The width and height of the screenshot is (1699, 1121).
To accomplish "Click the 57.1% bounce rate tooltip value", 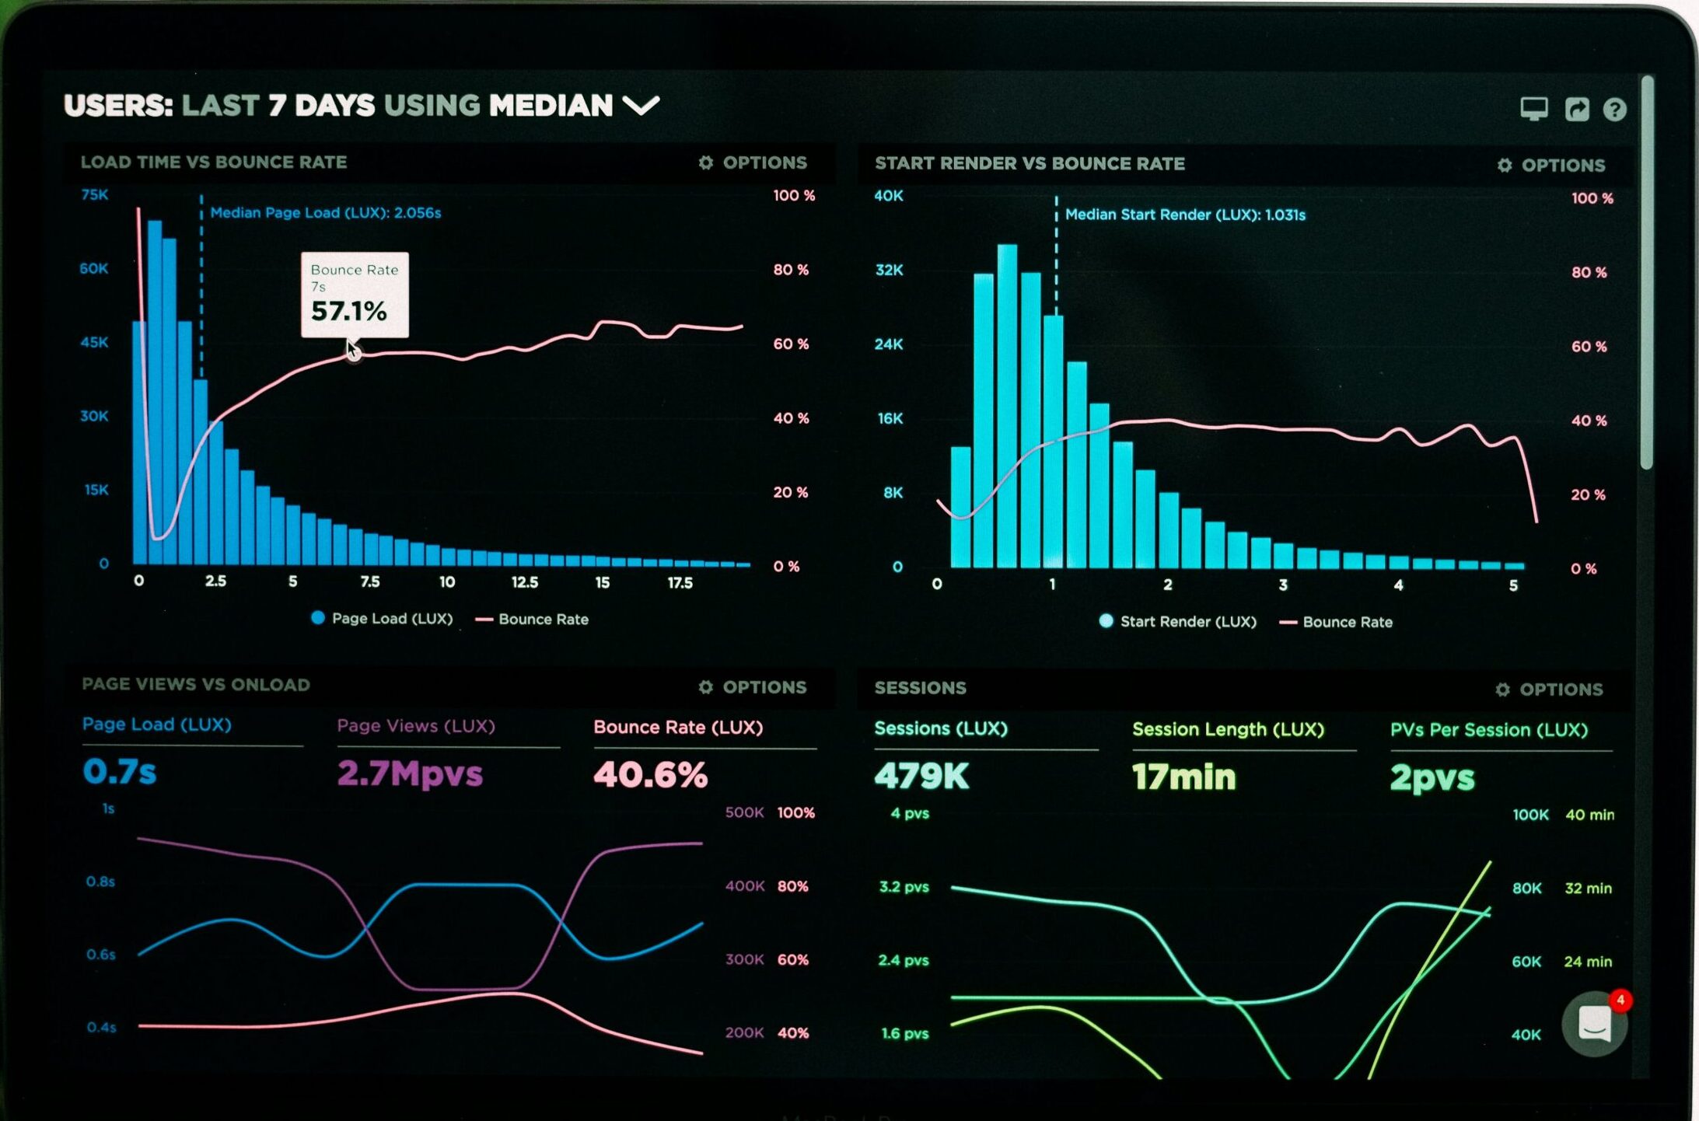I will point(348,311).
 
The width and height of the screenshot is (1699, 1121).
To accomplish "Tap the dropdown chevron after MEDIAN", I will point(641,105).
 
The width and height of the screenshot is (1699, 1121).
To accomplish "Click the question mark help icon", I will point(1614,110).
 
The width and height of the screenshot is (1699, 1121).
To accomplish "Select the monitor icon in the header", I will point(1533,109).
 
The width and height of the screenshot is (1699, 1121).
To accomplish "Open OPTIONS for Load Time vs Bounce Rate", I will point(753,162).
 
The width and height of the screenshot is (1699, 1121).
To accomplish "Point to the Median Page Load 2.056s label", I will point(325,212).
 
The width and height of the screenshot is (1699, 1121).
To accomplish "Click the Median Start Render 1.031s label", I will point(1184,215).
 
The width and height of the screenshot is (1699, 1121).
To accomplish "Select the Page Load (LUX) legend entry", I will point(382,619).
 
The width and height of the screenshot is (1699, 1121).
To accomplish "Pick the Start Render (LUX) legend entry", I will point(1178,621).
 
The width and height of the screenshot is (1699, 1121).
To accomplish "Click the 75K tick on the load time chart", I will point(95,194).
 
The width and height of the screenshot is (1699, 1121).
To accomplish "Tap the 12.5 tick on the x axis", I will point(524,582).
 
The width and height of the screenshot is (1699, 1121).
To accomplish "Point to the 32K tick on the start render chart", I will point(889,270).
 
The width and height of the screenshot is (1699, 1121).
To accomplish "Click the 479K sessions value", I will point(921,776).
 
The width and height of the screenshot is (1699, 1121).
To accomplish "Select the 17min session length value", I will point(1183,777).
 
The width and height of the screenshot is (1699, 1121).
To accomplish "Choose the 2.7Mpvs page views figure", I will point(410,774).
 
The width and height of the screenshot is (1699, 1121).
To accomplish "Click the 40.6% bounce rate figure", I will point(650,774).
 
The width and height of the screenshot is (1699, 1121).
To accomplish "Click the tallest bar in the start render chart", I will point(1007,404).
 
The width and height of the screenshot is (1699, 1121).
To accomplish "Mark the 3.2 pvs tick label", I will point(904,887).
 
